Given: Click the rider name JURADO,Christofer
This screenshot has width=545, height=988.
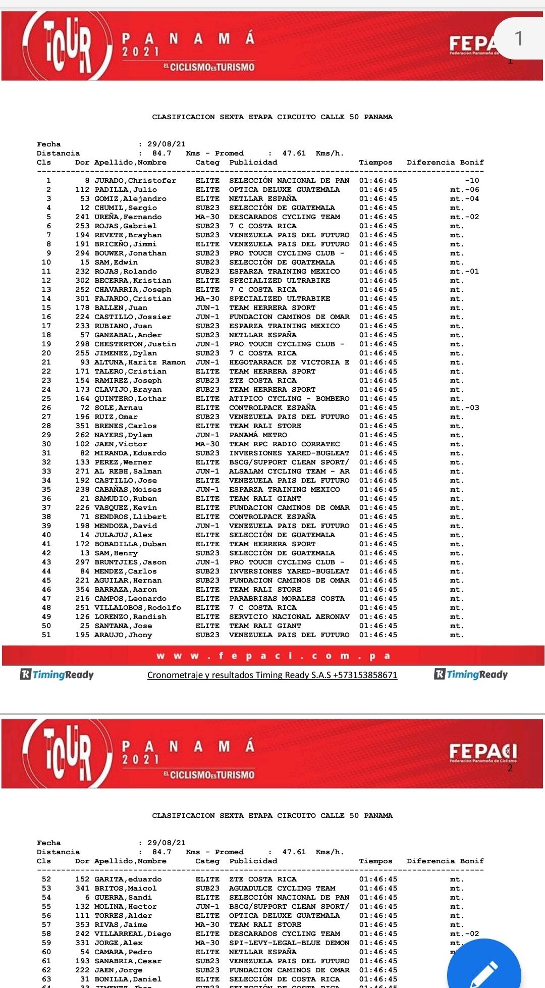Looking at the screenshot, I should pos(135,181).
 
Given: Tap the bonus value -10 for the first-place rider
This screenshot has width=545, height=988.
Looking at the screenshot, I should pos(472,181).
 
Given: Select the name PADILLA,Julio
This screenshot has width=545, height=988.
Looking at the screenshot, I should pos(126,190).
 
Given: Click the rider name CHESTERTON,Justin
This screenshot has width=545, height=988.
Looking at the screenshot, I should pos(135,344).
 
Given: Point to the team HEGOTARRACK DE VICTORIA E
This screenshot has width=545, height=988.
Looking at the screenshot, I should pos(289,362).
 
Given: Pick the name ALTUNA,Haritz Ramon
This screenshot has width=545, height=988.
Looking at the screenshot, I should pos(140,362).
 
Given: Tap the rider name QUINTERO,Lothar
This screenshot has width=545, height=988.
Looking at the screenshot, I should pos(130,399).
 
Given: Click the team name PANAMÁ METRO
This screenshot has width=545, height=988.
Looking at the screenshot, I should pos(258,435).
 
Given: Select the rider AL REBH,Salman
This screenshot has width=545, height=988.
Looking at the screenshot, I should pos(128,472).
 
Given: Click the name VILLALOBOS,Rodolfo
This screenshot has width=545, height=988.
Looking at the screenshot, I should pos(137,608).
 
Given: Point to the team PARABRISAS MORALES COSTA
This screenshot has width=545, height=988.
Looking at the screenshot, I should pos(287,599).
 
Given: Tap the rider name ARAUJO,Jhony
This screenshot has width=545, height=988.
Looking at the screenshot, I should pos(123,635).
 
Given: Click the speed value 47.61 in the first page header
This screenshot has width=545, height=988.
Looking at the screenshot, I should pos(294,153).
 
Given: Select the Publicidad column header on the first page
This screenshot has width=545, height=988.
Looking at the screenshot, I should pos(253,163).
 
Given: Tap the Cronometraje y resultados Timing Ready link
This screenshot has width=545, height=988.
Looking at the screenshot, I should pos(272,675).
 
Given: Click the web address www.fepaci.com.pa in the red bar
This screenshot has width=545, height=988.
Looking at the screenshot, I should pos(272,656).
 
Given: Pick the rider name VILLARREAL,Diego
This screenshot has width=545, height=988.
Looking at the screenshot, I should pos(133,934).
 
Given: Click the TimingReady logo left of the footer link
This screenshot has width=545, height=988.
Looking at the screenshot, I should pos(57,674).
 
